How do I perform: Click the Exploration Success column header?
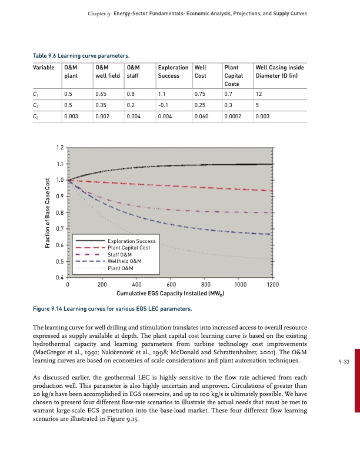pos(173,71)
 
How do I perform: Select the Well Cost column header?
pos(200,71)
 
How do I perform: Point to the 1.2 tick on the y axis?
pos(59,147)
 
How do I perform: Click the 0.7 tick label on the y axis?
pos(59,228)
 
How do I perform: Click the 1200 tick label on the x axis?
pos(272,285)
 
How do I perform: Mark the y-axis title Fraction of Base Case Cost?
pos(47,212)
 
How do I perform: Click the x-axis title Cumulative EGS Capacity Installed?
pos(169,293)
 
